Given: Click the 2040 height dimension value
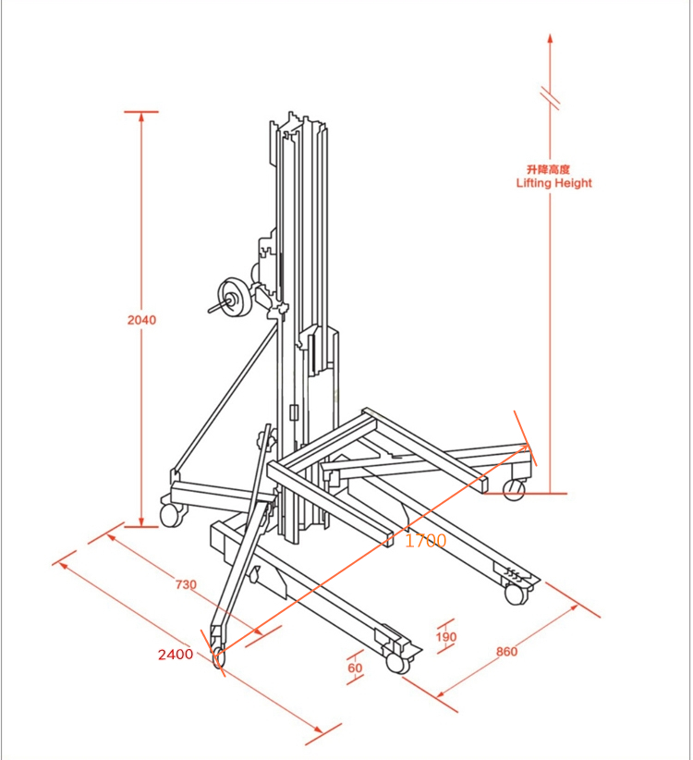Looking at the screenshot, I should (x=141, y=321).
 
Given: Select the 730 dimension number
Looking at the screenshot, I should (x=186, y=583).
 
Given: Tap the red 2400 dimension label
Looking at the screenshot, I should (x=176, y=655).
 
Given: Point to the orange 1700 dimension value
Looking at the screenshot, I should (x=425, y=541).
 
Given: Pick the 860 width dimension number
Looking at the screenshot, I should (x=506, y=652).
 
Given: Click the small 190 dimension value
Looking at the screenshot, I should (x=446, y=637).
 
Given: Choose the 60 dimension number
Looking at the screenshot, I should (x=356, y=668).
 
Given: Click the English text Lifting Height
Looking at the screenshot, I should (x=553, y=183).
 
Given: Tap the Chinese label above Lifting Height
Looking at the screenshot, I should (x=548, y=169).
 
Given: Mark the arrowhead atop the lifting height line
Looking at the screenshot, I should (x=550, y=39).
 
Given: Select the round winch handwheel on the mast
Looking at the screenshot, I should (x=234, y=299).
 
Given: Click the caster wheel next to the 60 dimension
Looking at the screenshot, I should (x=396, y=663).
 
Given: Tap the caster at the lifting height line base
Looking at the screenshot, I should (x=514, y=490).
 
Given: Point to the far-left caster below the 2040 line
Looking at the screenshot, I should (x=171, y=514).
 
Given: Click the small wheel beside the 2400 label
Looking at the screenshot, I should (x=219, y=657).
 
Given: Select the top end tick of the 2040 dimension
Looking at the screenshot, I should (x=141, y=113).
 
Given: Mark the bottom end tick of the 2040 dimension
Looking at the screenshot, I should (x=141, y=527).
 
